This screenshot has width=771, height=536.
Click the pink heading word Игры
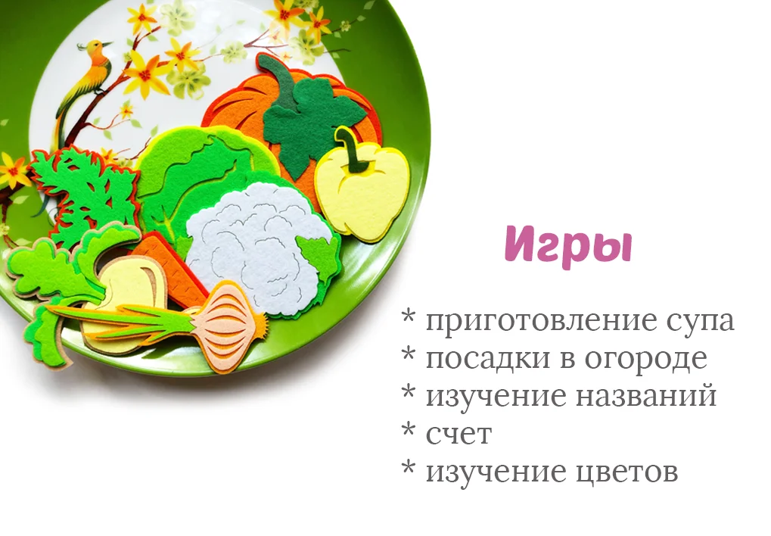tap(568, 245)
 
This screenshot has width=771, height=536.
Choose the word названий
tap(645, 396)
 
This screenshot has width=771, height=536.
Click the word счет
tap(459, 434)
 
